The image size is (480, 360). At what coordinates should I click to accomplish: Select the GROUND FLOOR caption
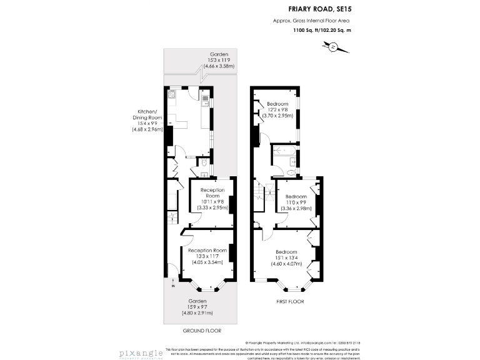[201, 331]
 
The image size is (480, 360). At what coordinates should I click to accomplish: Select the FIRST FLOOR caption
[289, 301]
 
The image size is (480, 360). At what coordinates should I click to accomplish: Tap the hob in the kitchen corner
[171, 95]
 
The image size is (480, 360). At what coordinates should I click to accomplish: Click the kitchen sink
[204, 98]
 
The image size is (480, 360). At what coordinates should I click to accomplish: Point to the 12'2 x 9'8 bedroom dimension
[277, 110]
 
